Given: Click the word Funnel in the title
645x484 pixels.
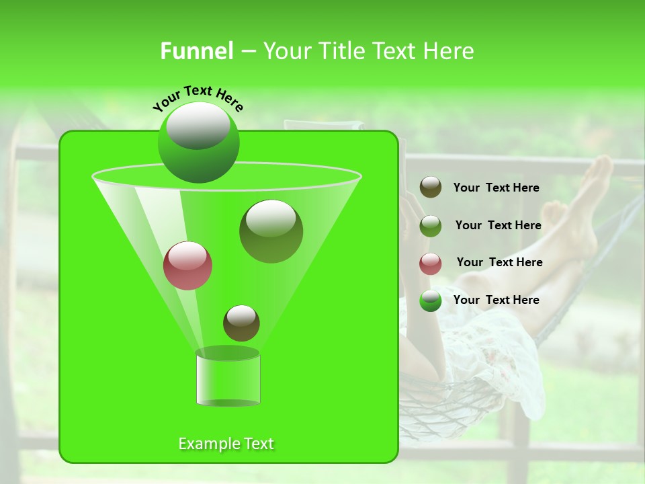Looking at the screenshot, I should [x=196, y=51].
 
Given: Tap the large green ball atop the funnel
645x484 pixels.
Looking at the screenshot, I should [x=198, y=143].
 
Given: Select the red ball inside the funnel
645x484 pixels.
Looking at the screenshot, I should [x=187, y=266].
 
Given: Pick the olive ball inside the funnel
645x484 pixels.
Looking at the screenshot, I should [x=271, y=231].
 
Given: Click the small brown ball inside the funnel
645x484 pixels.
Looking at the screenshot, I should [x=241, y=323].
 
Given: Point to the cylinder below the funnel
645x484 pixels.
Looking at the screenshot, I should [x=228, y=378].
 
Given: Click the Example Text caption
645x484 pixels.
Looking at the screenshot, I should [x=226, y=444].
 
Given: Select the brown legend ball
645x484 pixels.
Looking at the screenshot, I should [x=431, y=188].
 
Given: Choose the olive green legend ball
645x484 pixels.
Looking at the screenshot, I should [x=431, y=226].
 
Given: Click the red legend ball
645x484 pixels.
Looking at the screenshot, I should [x=431, y=264].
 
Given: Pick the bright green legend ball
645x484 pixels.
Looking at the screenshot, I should [x=431, y=300].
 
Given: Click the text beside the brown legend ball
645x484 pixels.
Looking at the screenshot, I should [x=496, y=188].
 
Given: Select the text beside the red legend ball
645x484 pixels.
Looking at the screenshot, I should [x=499, y=262].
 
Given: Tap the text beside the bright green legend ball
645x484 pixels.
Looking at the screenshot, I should [x=496, y=300].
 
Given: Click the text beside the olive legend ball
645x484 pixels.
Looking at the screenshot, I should [x=498, y=225].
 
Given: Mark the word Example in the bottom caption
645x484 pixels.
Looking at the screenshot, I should [x=207, y=444].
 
